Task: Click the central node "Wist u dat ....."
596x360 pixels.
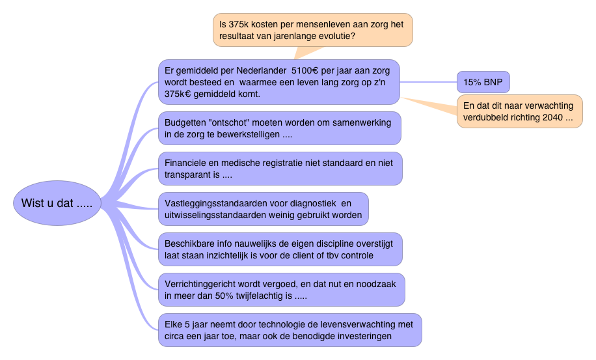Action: point(57,203)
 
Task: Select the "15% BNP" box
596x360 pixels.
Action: point(483,82)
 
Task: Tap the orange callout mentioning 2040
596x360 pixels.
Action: point(518,111)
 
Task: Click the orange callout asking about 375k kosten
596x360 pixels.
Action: point(313,30)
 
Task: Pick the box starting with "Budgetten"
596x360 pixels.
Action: point(279,128)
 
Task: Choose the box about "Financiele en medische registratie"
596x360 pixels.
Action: point(280,169)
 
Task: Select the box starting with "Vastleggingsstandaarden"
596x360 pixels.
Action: point(263,209)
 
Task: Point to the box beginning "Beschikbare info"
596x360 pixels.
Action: point(280,249)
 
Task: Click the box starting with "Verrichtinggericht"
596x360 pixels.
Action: point(281,289)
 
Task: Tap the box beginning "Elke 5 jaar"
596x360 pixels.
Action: point(290,329)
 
